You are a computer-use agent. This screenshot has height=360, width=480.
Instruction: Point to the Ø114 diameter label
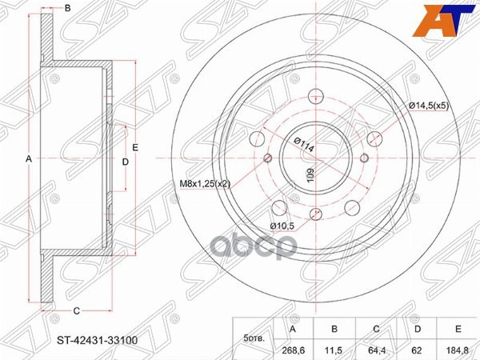[x=302, y=145]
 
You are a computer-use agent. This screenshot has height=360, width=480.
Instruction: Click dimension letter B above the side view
[x=68, y=8]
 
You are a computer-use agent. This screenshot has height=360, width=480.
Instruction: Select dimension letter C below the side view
[x=77, y=310]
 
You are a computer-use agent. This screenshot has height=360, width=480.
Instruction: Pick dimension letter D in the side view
[x=125, y=162]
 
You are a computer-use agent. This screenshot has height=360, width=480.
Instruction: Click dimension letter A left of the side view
[x=29, y=158]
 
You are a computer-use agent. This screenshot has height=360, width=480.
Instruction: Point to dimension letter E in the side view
[x=136, y=147]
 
